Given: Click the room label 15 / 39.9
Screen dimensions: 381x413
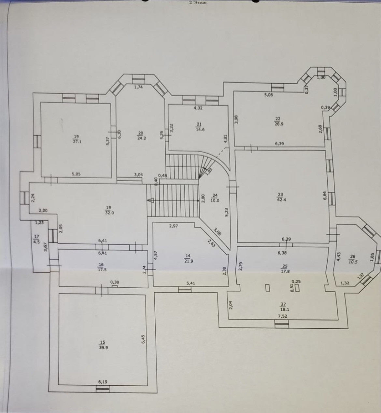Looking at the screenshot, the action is [103, 344].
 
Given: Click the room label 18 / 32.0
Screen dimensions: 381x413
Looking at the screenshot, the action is [109, 209].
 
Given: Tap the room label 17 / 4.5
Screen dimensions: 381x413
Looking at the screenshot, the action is [36, 239].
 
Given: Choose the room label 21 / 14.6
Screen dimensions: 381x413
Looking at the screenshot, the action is [199, 127].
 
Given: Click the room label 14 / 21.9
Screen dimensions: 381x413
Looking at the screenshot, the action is [188, 258].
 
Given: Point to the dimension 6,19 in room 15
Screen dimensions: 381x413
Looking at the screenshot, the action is [103, 381].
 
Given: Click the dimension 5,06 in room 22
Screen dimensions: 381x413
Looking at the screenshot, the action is [268, 95].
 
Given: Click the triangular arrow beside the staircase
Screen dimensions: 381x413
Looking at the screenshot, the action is [150, 200].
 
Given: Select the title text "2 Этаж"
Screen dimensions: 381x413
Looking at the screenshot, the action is [198, 3].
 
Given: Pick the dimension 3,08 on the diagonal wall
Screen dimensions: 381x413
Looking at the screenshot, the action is [217, 231].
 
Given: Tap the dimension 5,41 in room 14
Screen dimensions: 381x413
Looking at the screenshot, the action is [191, 283].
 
